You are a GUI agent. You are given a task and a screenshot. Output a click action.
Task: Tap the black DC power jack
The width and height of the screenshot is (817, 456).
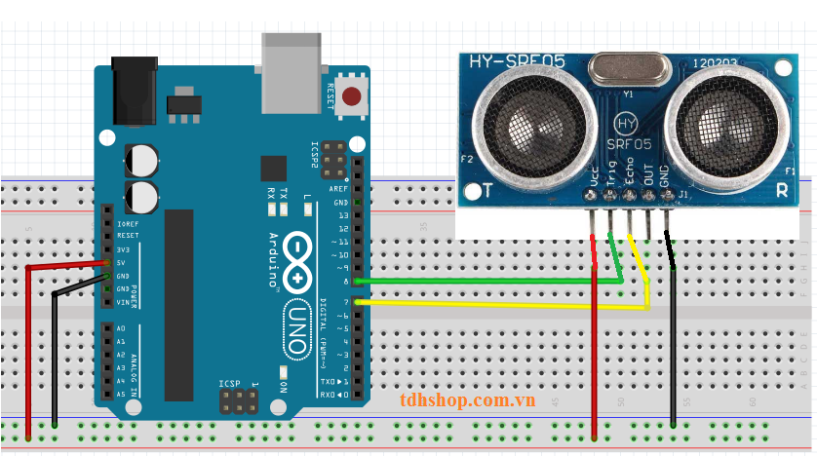pyautogui.click(x=135, y=90)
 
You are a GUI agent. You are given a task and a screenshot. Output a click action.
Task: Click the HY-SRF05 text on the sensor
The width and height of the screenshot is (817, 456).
pyautogui.click(x=518, y=62)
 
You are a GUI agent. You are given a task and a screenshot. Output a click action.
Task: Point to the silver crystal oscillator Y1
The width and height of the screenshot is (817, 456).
pyautogui.click(x=629, y=68)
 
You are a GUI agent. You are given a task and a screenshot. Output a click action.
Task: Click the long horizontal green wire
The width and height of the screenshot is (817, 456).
pyautogui.click(x=487, y=282)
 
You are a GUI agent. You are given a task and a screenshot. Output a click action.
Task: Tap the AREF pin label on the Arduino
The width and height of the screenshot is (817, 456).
pyautogui.click(x=340, y=188)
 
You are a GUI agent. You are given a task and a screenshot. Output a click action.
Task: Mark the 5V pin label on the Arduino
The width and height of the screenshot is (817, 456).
pyautogui.click(x=122, y=262)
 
